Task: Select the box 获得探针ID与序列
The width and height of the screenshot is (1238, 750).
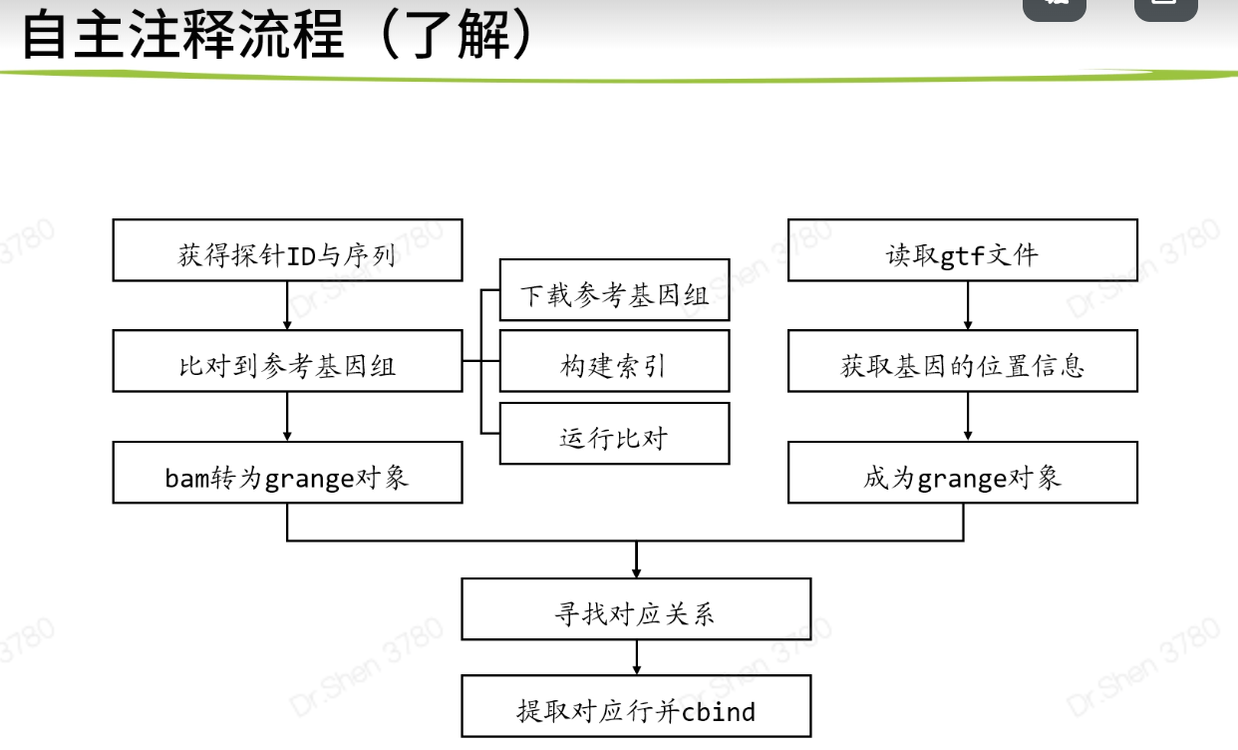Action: (287, 250)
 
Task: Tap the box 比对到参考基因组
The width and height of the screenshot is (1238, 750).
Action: (287, 362)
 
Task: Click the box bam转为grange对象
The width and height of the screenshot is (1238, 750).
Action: (287, 474)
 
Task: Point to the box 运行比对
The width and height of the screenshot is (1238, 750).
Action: (614, 434)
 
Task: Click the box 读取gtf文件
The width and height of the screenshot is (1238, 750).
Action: (962, 250)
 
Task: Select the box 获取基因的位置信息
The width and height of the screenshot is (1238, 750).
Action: (962, 362)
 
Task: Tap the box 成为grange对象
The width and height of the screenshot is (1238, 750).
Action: (962, 474)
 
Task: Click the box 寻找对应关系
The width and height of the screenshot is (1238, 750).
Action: (636, 609)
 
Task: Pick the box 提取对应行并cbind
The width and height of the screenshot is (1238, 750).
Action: (636, 706)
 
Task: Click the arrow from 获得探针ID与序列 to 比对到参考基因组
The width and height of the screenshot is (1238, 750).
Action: (287, 306)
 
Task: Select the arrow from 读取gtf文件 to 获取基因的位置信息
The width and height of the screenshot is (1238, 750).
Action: (967, 306)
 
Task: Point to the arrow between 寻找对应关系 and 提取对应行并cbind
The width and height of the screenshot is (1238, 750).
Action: (636, 658)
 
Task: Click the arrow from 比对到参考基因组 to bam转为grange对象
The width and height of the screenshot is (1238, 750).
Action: (287, 418)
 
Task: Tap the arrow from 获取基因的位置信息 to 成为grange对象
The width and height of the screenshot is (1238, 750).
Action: (967, 418)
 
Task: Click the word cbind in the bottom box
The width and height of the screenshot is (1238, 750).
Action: (719, 711)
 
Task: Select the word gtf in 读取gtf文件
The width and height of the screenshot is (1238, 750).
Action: (962, 256)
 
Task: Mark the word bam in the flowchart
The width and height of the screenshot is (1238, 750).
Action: (185, 479)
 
